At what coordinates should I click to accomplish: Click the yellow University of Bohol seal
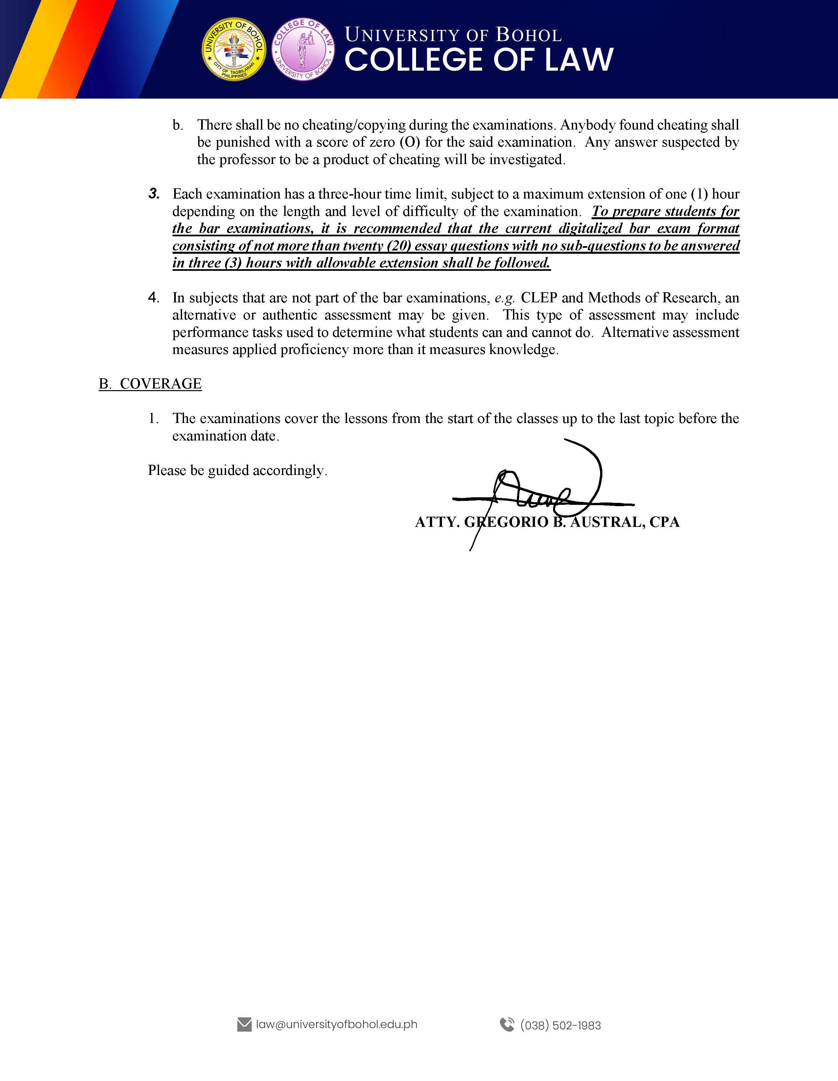[234, 49]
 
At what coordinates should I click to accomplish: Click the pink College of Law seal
[303, 49]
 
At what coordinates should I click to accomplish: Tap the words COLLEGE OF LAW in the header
[478, 60]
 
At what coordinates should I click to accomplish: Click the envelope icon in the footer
[244, 1024]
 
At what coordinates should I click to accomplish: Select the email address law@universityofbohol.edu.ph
[337, 1024]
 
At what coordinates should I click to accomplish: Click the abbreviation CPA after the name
[664, 522]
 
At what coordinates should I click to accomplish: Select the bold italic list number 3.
[154, 194]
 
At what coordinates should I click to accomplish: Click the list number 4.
[153, 297]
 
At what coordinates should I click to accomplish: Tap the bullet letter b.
[177, 125]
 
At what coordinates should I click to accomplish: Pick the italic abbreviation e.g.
[505, 297]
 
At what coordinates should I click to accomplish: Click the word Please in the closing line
[167, 470]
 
